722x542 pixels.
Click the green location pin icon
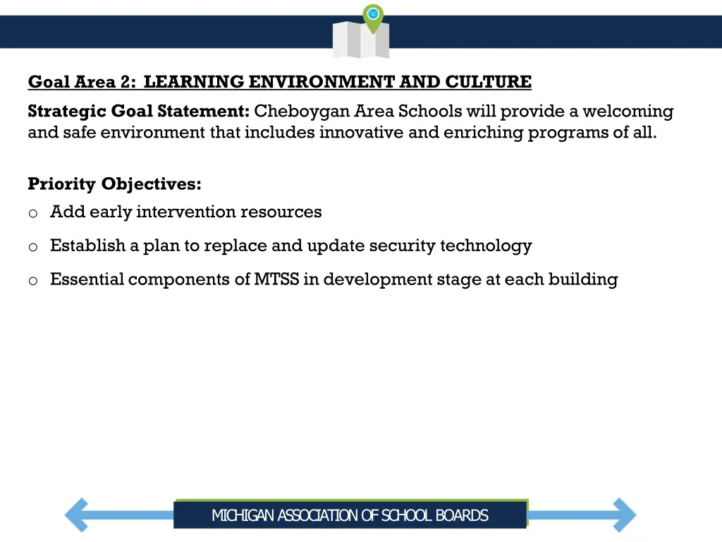click(373, 15)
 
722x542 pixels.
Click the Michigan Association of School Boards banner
click(350, 515)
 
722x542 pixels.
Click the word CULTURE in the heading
click(488, 83)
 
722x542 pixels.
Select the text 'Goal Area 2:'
click(82, 83)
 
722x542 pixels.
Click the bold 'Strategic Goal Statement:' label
click(139, 112)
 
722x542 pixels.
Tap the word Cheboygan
click(303, 112)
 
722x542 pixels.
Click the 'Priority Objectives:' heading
click(114, 184)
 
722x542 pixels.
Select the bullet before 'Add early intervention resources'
click(32, 213)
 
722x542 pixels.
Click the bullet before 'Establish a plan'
click(32, 247)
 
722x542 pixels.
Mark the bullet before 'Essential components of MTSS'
click(32, 281)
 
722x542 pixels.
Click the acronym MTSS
click(277, 279)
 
